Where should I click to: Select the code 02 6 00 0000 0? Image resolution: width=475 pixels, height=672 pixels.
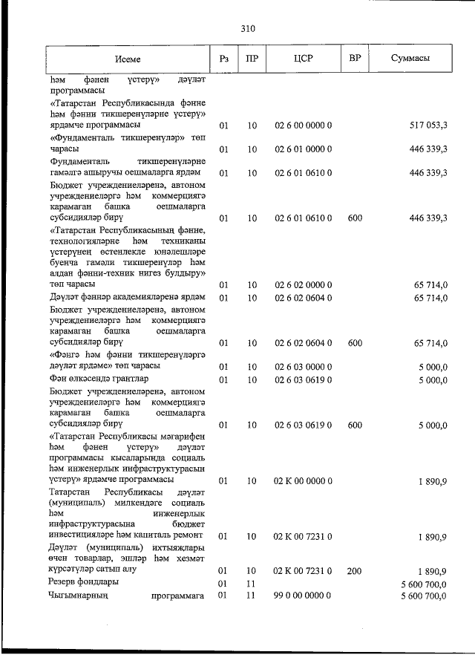(x=303, y=125)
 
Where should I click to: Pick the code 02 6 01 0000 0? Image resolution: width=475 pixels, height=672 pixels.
(x=303, y=149)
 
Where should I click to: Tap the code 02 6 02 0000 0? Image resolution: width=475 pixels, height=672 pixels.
(x=303, y=285)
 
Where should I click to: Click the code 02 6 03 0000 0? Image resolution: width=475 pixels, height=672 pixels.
(x=303, y=367)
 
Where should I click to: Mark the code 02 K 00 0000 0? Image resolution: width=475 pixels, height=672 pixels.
(x=303, y=481)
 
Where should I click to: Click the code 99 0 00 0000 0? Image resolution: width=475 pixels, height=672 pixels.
(x=303, y=596)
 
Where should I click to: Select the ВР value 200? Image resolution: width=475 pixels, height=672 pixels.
(x=355, y=571)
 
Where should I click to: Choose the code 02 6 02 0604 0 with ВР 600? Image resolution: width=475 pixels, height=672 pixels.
(x=303, y=343)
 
